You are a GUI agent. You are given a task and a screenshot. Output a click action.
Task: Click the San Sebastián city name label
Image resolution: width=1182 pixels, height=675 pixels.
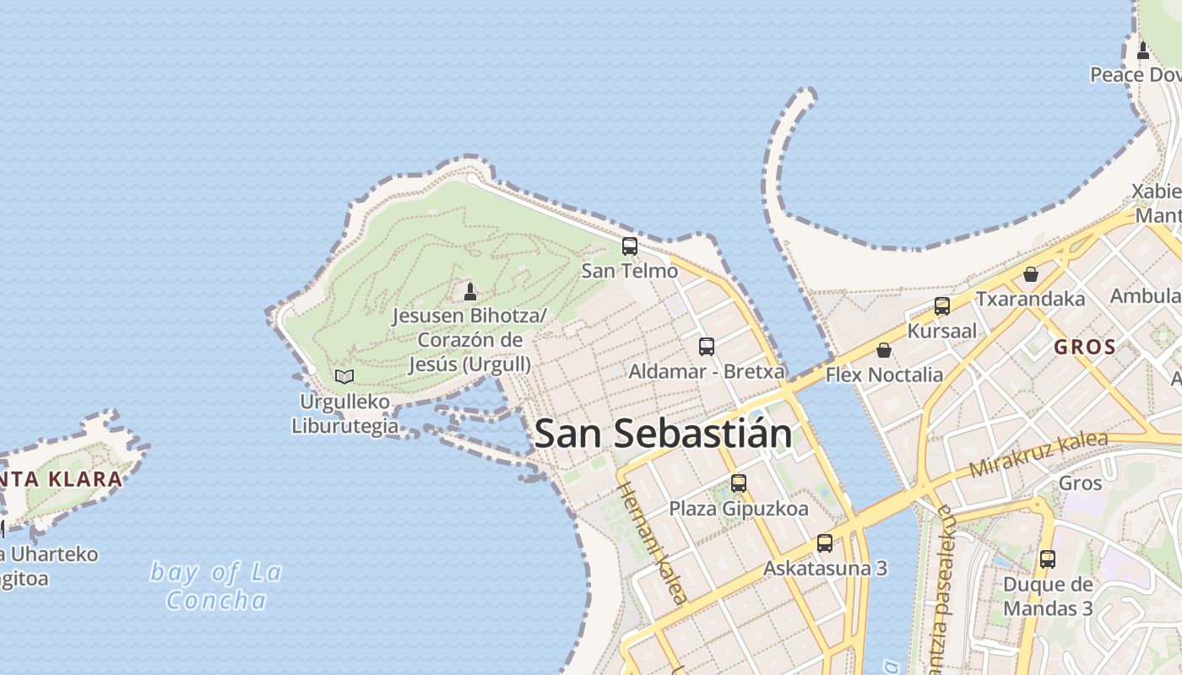[x=663, y=434]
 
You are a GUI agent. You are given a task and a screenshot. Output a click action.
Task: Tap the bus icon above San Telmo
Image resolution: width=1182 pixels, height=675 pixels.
[x=630, y=246]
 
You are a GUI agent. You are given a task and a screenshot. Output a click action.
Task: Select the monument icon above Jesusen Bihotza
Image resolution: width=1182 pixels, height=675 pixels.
[x=470, y=292]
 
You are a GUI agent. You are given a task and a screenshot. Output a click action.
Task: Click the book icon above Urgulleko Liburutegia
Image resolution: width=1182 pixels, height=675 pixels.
[x=344, y=376]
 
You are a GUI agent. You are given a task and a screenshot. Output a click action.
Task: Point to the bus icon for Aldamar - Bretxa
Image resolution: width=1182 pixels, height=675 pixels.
[x=707, y=347]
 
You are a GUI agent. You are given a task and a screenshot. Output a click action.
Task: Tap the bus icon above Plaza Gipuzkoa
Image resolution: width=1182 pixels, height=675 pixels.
[x=739, y=483]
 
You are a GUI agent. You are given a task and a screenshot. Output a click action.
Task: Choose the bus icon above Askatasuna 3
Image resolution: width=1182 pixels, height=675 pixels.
[x=825, y=543]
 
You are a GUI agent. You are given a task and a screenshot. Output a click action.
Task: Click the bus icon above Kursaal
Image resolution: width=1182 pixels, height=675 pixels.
[x=942, y=306]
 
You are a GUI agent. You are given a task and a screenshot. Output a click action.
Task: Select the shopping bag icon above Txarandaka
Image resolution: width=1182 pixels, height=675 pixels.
[x=1030, y=274]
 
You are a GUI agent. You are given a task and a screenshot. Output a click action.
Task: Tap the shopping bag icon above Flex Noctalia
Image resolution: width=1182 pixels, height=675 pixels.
[x=884, y=350]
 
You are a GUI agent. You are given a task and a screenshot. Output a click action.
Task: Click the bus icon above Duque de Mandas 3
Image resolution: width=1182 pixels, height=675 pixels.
[x=1048, y=559]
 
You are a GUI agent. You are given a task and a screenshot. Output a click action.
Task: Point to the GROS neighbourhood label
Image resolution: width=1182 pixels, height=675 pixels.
[x=1085, y=347]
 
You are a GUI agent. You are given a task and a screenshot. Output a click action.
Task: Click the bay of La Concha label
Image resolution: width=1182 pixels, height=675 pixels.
[x=216, y=586]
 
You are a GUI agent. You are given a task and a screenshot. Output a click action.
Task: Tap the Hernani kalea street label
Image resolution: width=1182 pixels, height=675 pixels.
[x=652, y=543]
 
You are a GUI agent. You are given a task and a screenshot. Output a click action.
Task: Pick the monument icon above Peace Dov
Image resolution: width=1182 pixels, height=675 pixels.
[x=1143, y=51]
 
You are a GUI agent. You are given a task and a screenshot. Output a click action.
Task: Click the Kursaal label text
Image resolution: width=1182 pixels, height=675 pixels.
[x=941, y=331]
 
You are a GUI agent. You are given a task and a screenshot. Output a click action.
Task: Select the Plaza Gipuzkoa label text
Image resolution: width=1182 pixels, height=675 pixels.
[x=739, y=509]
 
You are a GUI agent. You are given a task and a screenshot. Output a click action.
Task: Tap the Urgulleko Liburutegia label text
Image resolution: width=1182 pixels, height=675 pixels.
[x=344, y=413]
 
